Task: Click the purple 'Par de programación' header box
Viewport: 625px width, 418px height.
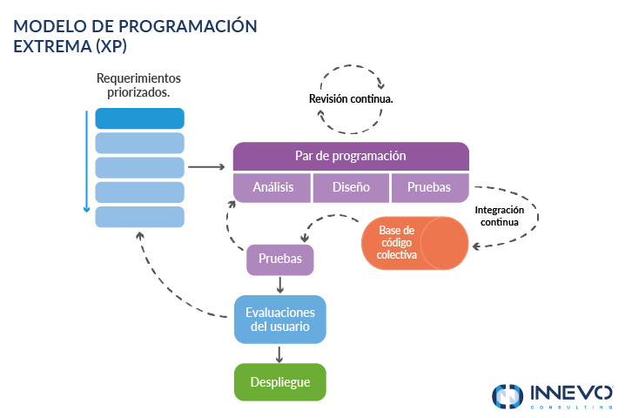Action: (351, 157)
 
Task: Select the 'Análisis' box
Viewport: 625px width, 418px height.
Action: (272, 187)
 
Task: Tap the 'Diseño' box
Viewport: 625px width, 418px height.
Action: (351, 187)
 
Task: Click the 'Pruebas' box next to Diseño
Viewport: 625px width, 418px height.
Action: (429, 187)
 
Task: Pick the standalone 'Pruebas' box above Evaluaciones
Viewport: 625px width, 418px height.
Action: (280, 260)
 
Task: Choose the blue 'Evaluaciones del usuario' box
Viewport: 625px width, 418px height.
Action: (280, 319)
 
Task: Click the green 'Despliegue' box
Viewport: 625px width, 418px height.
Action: (280, 382)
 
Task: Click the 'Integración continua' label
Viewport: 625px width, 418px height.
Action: (499, 216)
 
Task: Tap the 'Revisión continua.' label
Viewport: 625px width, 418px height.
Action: (351, 99)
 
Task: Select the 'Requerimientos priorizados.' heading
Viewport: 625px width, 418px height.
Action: (139, 84)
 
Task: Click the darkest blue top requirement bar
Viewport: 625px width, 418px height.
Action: (139, 118)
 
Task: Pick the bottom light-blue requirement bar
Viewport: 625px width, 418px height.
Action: (139, 217)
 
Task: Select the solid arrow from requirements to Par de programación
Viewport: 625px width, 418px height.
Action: (207, 166)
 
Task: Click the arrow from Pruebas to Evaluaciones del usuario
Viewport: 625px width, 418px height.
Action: (280, 285)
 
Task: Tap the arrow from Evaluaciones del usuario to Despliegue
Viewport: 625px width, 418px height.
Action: (280, 353)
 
